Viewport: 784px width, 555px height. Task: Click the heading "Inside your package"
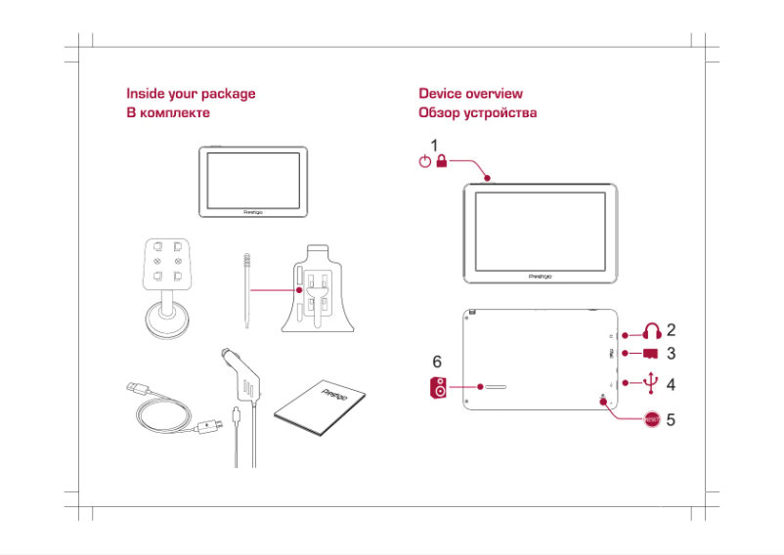click(x=191, y=94)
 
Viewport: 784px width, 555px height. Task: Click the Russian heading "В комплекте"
click(x=168, y=113)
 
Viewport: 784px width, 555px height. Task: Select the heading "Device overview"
click(x=470, y=94)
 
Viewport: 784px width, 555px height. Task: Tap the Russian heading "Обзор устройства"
click(x=477, y=113)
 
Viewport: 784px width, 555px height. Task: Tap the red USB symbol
click(x=652, y=383)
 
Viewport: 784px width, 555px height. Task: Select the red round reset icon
click(x=652, y=419)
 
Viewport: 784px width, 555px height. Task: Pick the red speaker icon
click(x=440, y=388)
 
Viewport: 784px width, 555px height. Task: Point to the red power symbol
click(x=424, y=163)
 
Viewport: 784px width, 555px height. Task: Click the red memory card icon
click(x=651, y=354)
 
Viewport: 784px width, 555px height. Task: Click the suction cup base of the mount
click(x=167, y=321)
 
